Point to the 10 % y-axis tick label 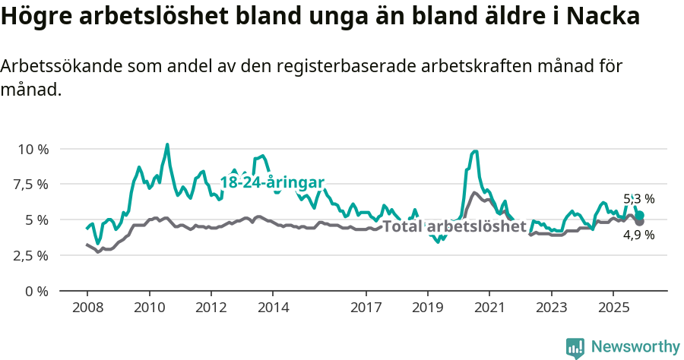pyautogui.click(x=33, y=149)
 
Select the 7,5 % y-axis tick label pyautogui.click(x=30, y=185)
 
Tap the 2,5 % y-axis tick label pyautogui.click(x=30, y=255)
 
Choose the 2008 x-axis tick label pyautogui.click(x=87, y=308)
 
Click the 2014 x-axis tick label pyautogui.click(x=273, y=308)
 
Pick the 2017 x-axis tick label pyautogui.click(x=366, y=308)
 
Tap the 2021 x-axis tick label pyautogui.click(x=489, y=308)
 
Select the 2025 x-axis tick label pyautogui.click(x=613, y=308)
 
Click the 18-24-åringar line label pyautogui.click(x=272, y=182)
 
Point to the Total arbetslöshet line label pyautogui.click(x=454, y=226)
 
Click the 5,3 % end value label pyautogui.click(x=638, y=199)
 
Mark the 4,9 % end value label pyautogui.click(x=638, y=235)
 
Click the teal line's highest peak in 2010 pyautogui.click(x=167, y=144)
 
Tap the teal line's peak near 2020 pyautogui.click(x=475, y=151)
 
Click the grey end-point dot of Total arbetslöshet pyautogui.click(x=640, y=221)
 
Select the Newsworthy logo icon pyautogui.click(x=575, y=347)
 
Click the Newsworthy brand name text pyautogui.click(x=635, y=347)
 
